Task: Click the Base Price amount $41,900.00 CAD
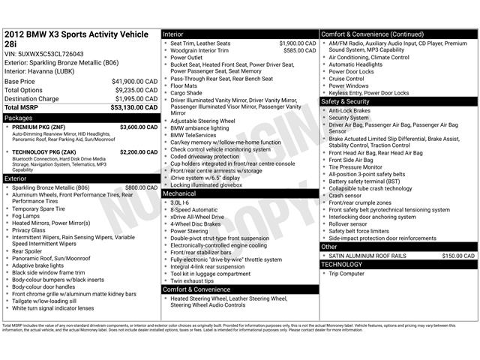pyautogui.click(x=135, y=81)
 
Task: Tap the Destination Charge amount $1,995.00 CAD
pyautogui.click(x=136, y=99)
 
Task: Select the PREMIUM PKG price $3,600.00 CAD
pyautogui.click(x=138, y=127)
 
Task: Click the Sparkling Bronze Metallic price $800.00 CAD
pyautogui.click(x=141, y=187)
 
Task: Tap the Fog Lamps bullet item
pyautogui.click(x=26, y=216)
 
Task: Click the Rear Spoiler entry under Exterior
pyautogui.click(x=28, y=251)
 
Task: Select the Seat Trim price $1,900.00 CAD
pyautogui.click(x=297, y=43)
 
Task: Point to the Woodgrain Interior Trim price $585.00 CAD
pyautogui.click(x=299, y=50)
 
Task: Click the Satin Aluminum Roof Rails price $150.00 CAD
pyautogui.click(x=458, y=256)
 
